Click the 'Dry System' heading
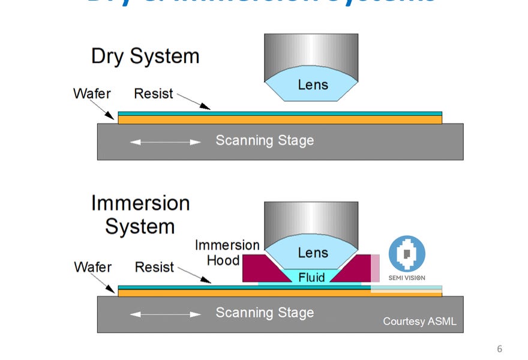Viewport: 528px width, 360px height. [x=145, y=56]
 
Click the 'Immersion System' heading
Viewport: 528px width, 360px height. [x=140, y=214]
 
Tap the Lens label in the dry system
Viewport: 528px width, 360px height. [x=313, y=84]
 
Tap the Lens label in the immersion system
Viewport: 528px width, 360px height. [x=313, y=253]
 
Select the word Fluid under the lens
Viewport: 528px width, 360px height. [x=311, y=277]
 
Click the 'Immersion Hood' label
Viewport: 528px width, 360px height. [x=226, y=253]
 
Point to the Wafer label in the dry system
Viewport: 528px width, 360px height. [x=92, y=94]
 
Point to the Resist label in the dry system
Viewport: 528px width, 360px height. [x=153, y=94]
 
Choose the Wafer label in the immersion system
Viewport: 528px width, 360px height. [x=92, y=266]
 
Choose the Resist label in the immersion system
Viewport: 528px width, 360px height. [x=154, y=266]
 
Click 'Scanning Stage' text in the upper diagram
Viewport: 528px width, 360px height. [x=265, y=141]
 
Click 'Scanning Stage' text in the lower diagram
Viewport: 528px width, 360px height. [x=265, y=313]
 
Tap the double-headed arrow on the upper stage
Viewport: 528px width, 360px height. [x=166, y=142]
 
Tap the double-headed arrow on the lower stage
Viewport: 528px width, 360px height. [x=166, y=314]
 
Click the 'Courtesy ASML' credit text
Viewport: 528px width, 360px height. [x=419, y=322]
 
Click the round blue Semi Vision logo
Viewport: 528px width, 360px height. [x=407, y=254]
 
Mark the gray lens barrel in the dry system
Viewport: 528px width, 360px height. [x=311, y=51]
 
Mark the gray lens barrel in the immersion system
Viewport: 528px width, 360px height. [x=311, y=219]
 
